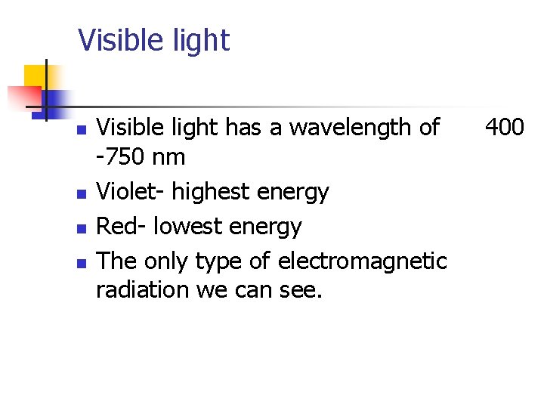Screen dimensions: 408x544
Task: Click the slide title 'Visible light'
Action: click(x=153, y=40)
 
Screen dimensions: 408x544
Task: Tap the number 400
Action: click(x=504, y=127)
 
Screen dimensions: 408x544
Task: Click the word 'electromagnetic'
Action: click(x=363, y=261)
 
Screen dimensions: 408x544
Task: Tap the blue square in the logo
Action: click(x=57, y=100)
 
